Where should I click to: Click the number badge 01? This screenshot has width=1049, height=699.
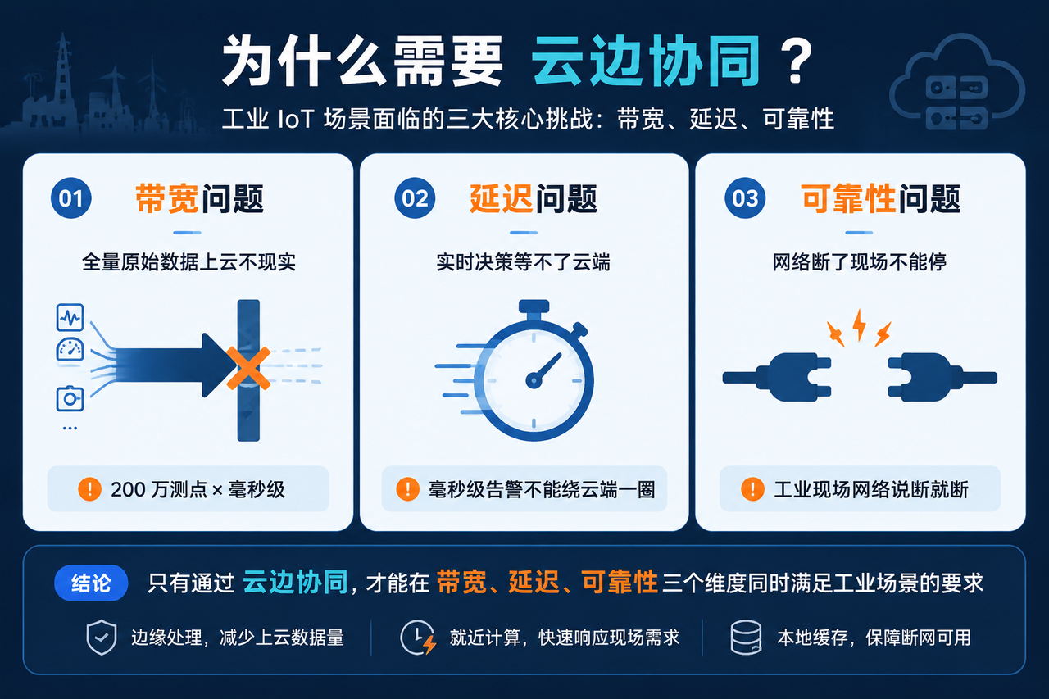[71, 198]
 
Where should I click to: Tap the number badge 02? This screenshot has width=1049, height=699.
[415, 198]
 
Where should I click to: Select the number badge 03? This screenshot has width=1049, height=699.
[745, 198]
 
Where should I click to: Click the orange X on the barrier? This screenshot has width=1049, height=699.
[248, 369]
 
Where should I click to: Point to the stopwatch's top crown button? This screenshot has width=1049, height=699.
[534, 306]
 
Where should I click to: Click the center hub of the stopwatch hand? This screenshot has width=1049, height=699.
[534, 379]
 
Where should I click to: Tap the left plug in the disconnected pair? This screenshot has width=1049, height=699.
[777, 377]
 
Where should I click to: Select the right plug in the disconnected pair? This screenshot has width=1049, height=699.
[942, 377]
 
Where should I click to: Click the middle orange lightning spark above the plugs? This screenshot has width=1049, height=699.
[859, 325]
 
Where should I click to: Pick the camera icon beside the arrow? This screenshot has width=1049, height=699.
[70, 399]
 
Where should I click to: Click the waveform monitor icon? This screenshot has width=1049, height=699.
[70, 317]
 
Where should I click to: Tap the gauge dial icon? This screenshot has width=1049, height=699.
[70, 350]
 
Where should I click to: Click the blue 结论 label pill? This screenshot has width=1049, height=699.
[91, 583]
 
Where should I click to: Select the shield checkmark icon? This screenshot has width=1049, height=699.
[102, 638]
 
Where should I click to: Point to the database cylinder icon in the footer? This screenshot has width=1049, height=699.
[746, 638]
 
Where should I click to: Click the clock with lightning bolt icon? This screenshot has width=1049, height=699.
[418, 638]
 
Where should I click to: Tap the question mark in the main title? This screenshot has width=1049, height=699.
[797, 61]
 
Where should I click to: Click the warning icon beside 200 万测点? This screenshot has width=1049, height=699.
[89, 489]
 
